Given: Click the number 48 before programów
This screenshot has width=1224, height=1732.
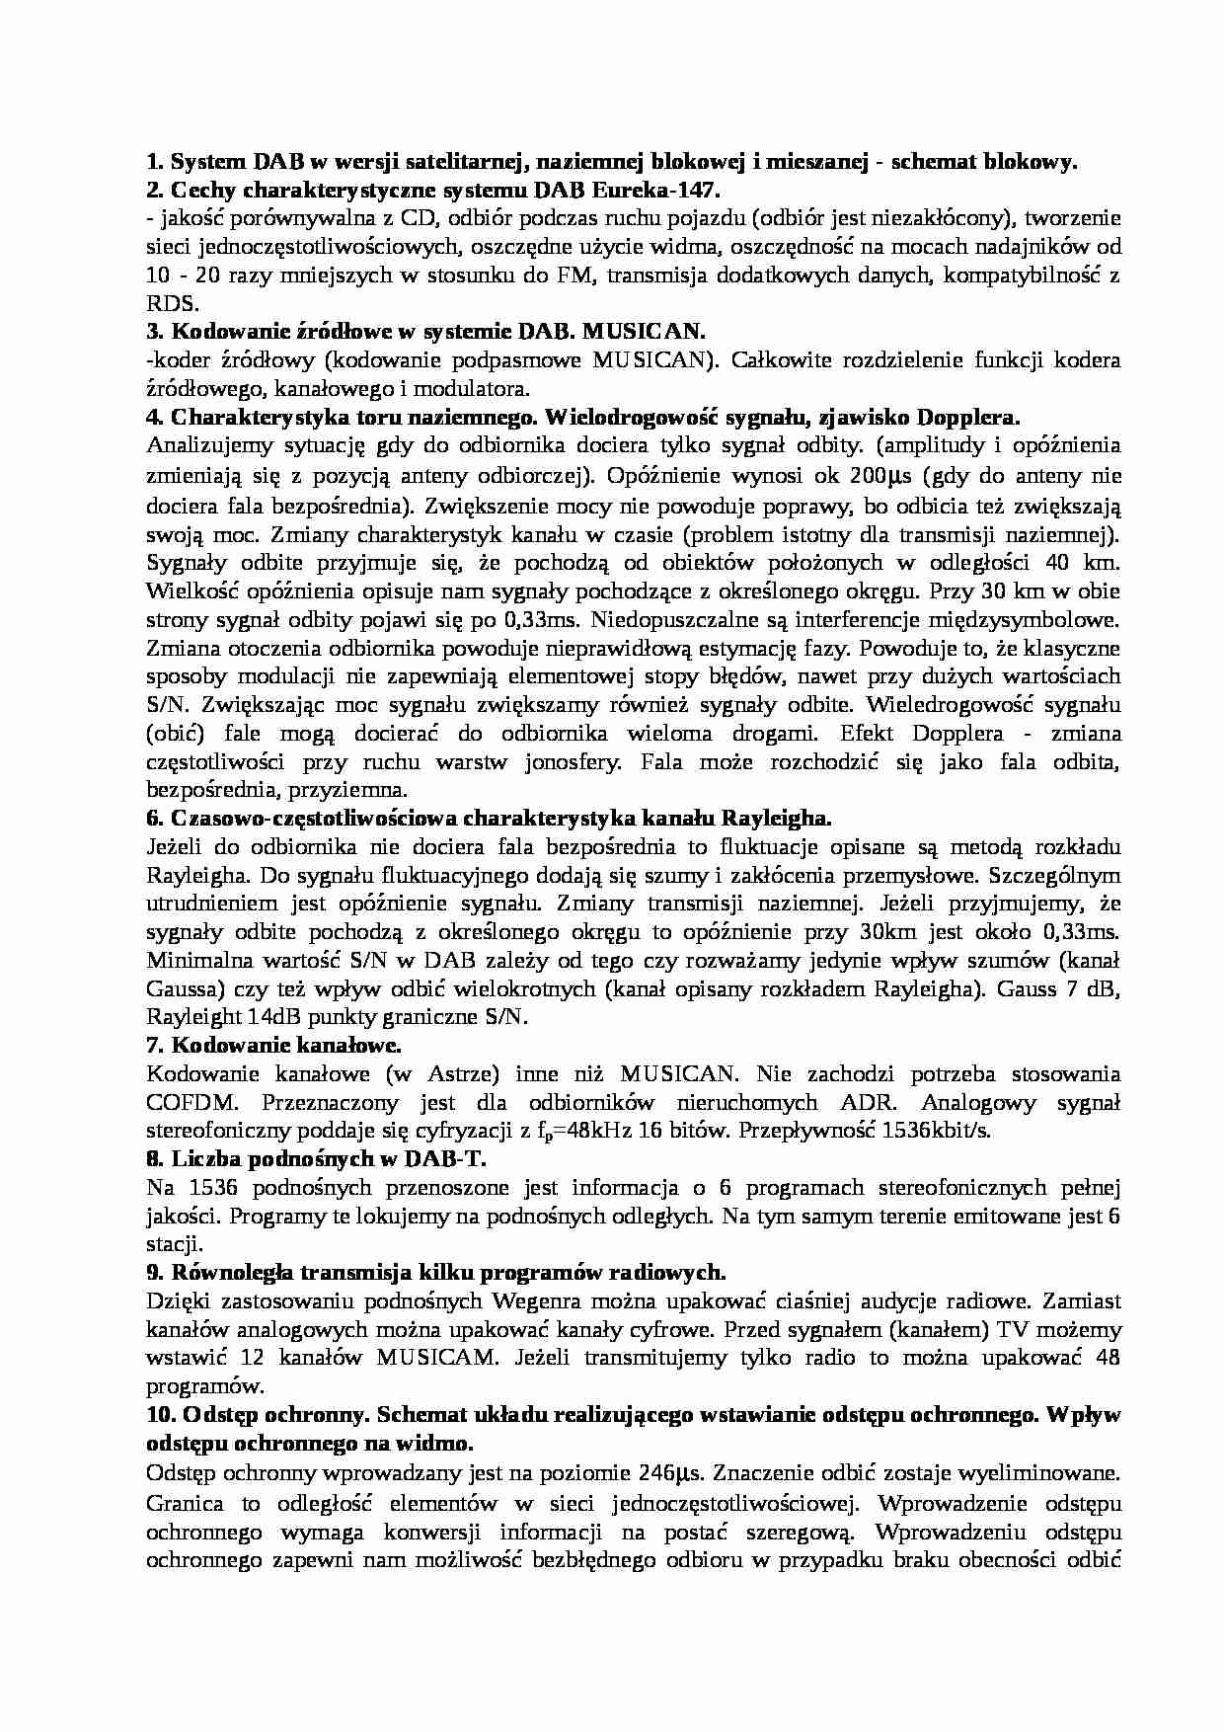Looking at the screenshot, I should click(1108, 1359).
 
